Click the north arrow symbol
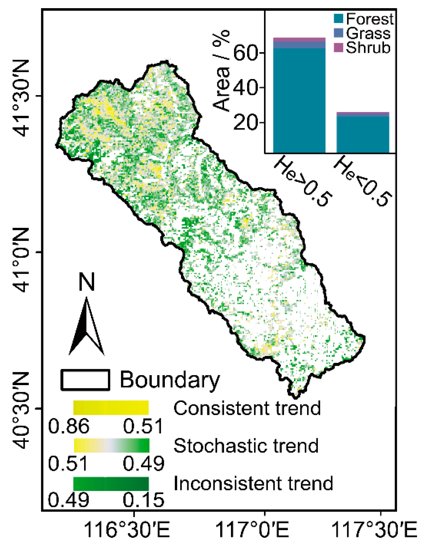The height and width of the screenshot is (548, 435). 86,327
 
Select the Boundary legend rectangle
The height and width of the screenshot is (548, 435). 85,380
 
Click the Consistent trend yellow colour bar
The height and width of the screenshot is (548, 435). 111,408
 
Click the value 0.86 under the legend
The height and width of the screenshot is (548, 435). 68,426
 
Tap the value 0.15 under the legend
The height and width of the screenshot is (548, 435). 143,500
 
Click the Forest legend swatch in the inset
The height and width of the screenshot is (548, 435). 338,19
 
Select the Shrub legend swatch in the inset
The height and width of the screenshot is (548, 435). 338,48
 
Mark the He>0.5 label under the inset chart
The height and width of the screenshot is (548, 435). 303,181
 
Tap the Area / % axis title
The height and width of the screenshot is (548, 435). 221,70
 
